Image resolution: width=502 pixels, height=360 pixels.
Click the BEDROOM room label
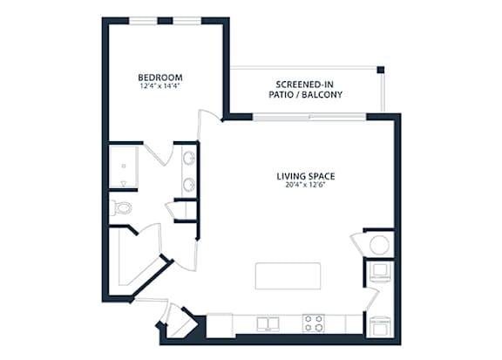click(160, 78)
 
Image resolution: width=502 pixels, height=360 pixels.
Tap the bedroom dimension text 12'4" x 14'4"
click(160, 85)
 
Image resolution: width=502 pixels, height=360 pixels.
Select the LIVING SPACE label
click(306, 176)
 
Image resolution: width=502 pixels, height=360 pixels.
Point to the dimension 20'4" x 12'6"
click(306, 185)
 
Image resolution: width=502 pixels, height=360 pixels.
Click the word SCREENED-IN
click(304, 85)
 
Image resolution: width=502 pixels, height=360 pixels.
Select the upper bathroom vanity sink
click(189, 158)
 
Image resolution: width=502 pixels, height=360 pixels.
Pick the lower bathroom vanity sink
click(189, 185)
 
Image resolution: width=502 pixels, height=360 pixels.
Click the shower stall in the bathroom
click(124, 166)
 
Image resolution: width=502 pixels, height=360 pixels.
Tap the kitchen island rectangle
click(288, 276)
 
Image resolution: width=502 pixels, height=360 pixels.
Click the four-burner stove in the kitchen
click(314, 323)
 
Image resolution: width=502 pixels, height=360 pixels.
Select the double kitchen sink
click(268, 324)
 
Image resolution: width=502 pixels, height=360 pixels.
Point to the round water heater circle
click(379, 245)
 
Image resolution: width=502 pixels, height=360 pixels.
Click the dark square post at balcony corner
click(380, 70)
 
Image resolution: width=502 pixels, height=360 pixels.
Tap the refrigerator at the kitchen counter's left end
click(220, 325)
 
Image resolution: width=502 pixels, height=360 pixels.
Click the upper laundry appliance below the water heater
click(380, 272)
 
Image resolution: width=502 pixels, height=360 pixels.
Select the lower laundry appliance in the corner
click(380, 327)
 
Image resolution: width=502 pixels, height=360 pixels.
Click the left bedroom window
click(143, 21)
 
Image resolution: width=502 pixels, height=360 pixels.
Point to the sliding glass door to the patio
click(309, 117)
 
